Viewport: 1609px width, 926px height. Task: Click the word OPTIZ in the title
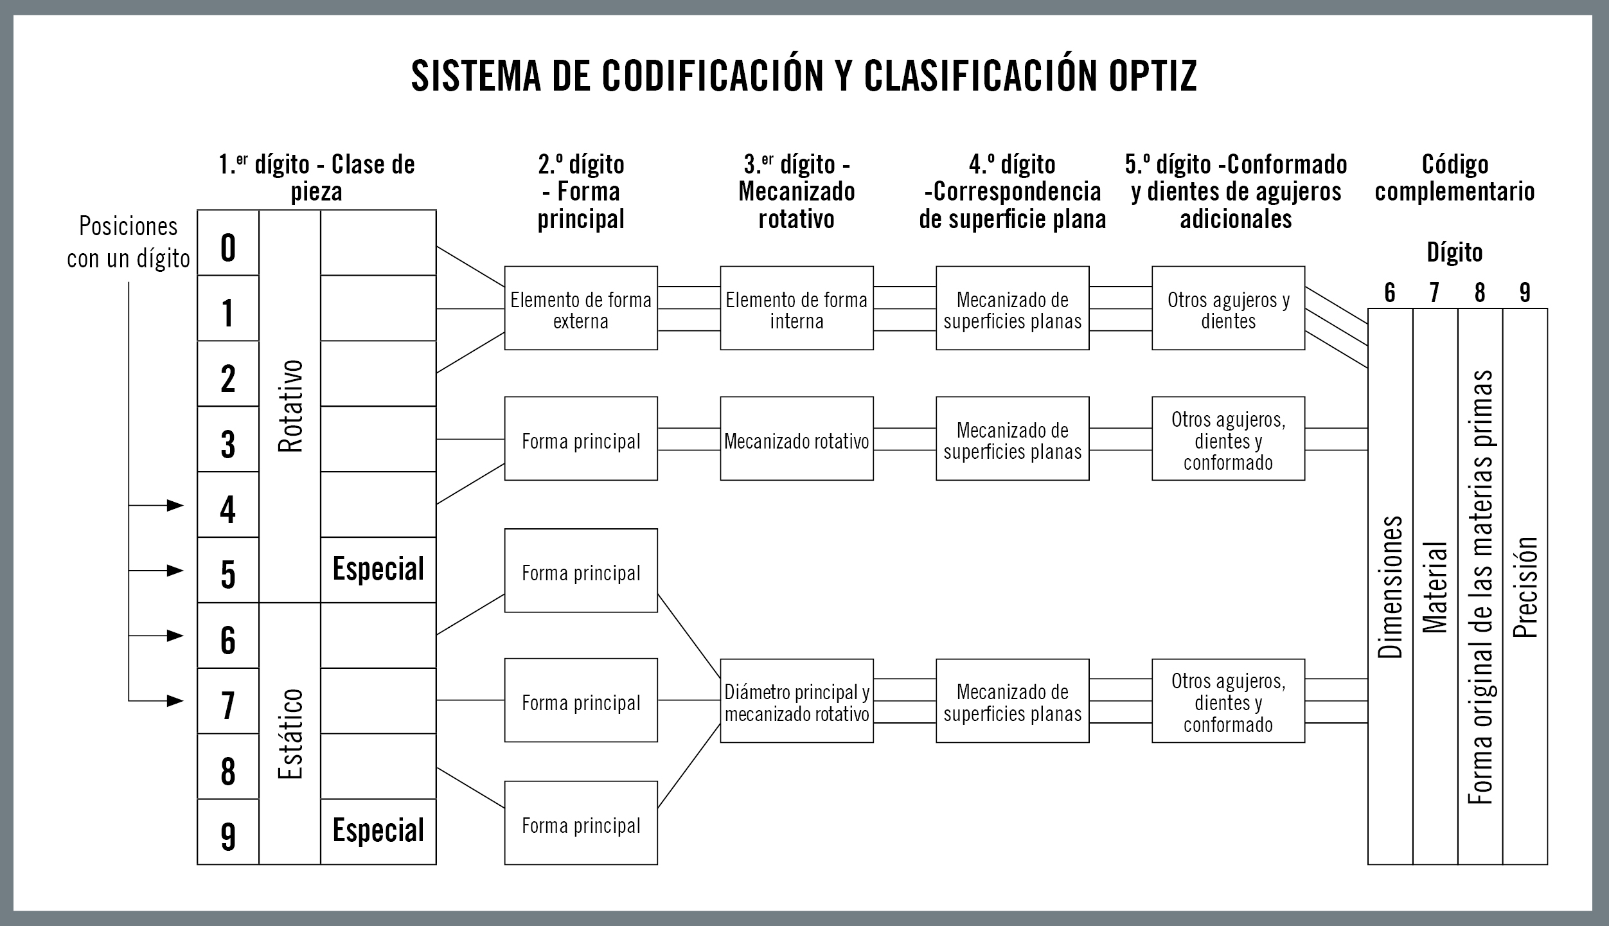[x=1152, y=76]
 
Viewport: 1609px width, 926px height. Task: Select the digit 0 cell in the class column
[x=227, y=247]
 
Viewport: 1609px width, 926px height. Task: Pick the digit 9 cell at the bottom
[x=227, y=835]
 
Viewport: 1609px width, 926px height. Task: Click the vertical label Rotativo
[x=290, y=406]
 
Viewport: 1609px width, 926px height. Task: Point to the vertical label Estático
[x=290, y=733]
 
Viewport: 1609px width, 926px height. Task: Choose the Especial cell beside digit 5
[x=378, y=569]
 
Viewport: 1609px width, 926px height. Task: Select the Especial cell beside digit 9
[x=378, y=831]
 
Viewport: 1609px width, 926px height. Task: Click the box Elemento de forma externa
[x=581, y=309]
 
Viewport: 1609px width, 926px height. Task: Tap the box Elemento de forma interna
[x=797, y=309]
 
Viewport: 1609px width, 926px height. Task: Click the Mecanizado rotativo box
[x=797, y=441]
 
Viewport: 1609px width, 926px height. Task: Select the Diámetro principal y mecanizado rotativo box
[x=797, y=703]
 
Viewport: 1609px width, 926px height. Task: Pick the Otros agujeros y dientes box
[x=1228, y=309]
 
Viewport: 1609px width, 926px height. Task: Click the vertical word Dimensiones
[x=1390, y=587]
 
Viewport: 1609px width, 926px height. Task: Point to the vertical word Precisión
[x=1525, y=587]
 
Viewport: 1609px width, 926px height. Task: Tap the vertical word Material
[x=1435, y=587]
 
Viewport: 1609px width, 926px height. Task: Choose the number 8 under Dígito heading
[x=1480, y=293]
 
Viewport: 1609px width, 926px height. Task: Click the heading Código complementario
[x=1455, y=178]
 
